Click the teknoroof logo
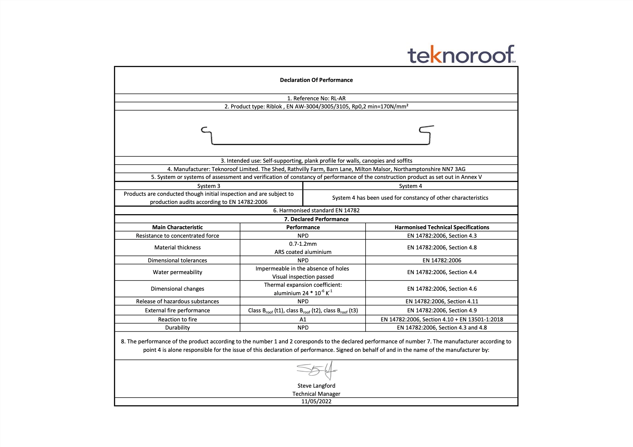[x=461, y=55]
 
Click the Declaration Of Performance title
[x=316, y=80]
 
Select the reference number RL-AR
[x=338, y=98]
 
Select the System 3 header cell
[x=209, y=186]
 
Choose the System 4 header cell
[x=410, y=186]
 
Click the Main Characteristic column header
[x=177, y=227]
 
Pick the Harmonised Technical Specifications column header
[x=442, y=227]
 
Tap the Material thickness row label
[x=177, y=247]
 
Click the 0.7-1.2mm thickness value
[x=303, y=244]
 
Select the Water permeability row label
[x=177, y=272]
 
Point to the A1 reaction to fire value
[x=303, y=319]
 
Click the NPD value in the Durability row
[x=303, y=327]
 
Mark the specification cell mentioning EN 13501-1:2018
[x=442, y=319]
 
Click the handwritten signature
[x=316, y=370]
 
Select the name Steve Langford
[x=316, y=386]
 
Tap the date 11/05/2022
[x=316, y=401]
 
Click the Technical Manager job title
[x=316, y=394]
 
